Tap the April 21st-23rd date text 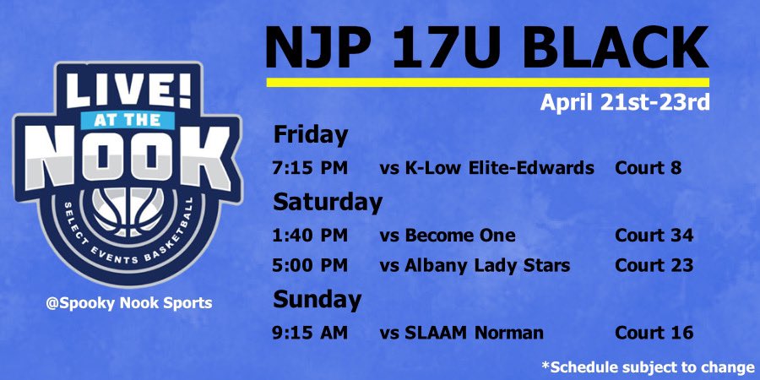click(x=626, y=104)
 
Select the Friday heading click(x=310, y=135)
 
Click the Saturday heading click(x=327, y=203)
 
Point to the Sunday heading click(x=317, y=300)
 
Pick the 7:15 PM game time click(x=310, y=168)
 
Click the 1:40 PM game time click(x=310, y=236)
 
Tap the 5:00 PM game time click(x=310, y=266)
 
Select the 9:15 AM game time click(x=310, y=334)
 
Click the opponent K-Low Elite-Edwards click(x=487, y=168)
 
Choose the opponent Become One click(x=448, y=236)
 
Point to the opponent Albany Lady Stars click(x=475, y=266)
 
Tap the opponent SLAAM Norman click(x=462, y=334)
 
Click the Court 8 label click(x=648, y=168)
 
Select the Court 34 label click(x=654, y=236)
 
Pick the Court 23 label click(x=654, y=266)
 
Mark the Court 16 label click(x=654, y=334)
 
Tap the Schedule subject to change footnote click(x=648, y=367)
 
